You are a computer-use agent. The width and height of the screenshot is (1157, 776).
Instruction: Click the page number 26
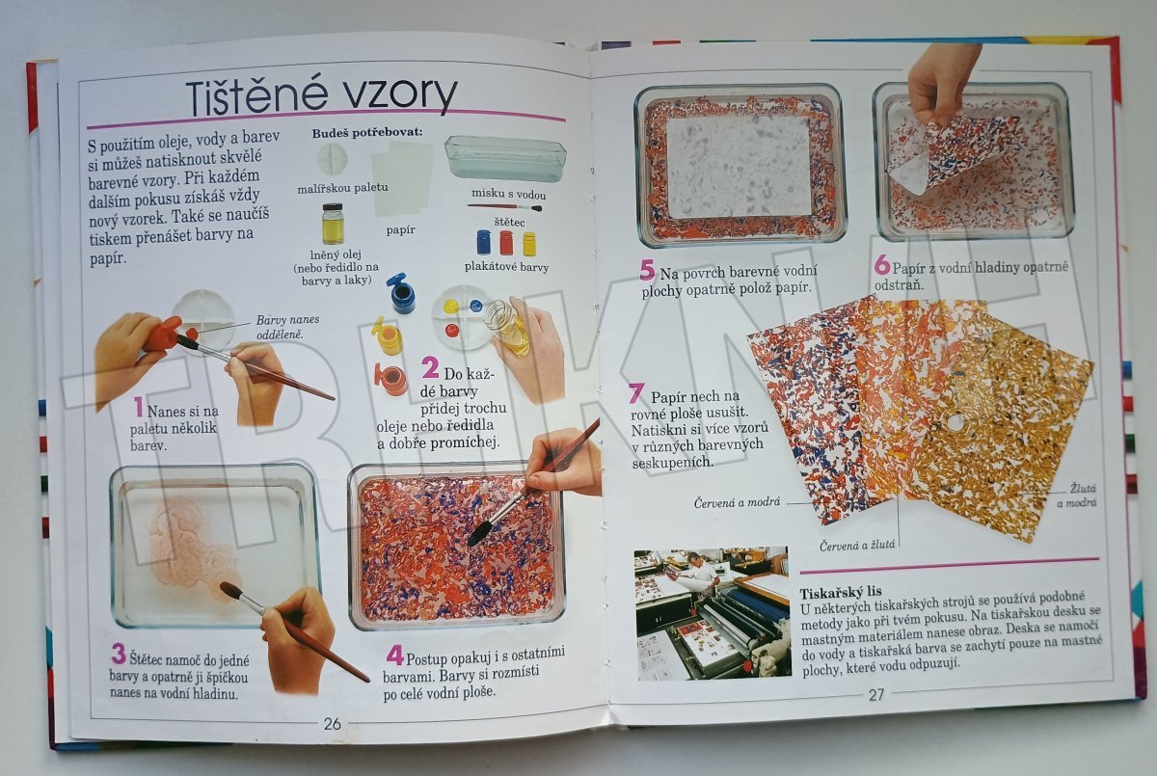[x=332, y=723]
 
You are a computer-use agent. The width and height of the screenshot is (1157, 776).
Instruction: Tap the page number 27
[x=876, y=695]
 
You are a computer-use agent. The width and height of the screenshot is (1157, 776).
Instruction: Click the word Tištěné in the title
[x=257, y=96]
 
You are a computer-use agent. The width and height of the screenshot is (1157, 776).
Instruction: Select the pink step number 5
[x=647, y=271]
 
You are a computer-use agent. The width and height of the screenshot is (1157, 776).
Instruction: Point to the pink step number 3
[x=119, y=655]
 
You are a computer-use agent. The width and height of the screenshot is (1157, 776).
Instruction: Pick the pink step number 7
[x=635, y=393]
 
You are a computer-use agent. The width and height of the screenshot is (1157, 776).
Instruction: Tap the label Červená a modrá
[x=737, y=502]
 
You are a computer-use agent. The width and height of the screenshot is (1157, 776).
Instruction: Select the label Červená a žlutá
[x=857, y=546]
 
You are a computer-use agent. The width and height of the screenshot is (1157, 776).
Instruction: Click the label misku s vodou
[x=508, y=194]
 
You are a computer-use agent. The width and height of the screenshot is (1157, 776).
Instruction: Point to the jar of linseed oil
[x=332, y=223]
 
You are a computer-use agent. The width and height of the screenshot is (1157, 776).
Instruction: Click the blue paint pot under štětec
[x=483, y=242]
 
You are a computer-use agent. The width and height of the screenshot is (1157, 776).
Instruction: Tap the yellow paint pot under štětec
[x=529, y=244]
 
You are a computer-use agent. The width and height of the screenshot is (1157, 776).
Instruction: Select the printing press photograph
[x=713, y=614]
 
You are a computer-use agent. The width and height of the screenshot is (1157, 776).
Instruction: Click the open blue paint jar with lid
[x=400, y=293]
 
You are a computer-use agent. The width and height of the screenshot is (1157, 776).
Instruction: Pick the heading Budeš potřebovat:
[x=366, y=133]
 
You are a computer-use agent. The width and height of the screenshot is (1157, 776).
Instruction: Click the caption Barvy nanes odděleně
[x=287, y=328]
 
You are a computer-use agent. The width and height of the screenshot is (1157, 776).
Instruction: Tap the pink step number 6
[x=881, y=266]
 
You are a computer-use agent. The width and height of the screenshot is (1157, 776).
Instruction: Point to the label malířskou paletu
[x=342, y=188]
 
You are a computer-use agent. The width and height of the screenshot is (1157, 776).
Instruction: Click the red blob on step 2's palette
[x=452, y=329]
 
